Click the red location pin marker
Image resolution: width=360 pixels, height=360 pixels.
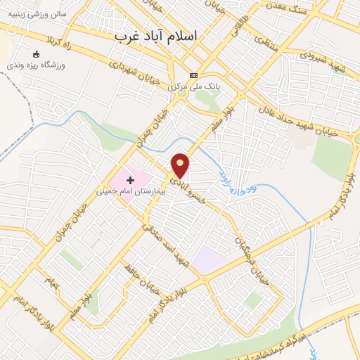(181, 165)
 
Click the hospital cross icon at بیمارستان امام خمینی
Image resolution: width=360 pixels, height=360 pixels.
(130, 181)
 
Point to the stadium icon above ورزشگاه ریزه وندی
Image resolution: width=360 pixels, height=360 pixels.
(37, 54)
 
